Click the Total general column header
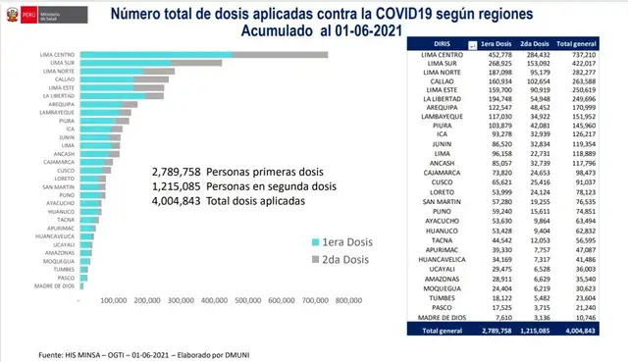click(581, 44)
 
